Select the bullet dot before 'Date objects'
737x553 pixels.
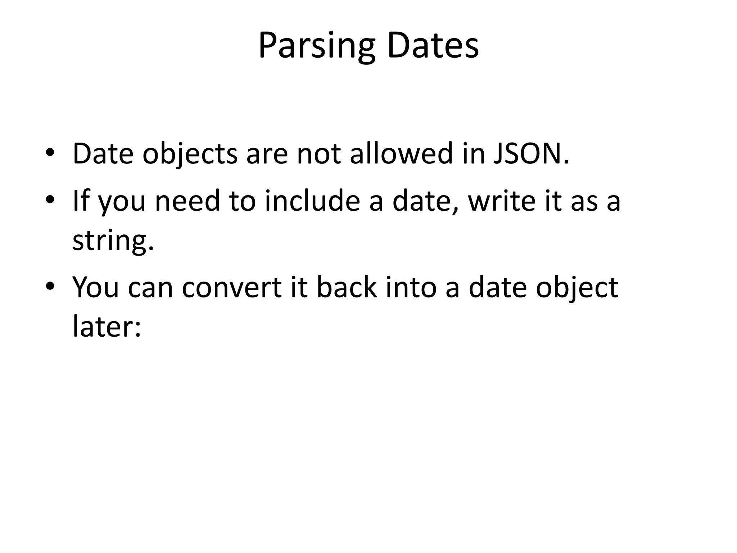pyautogui.click(x=50, y=153)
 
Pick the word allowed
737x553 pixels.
pyautogui.click(x=401, y=154)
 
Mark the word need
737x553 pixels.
pyautogui.click(x=187, y=201)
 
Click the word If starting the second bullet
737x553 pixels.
pyautogui.click(x=80, y=201)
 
